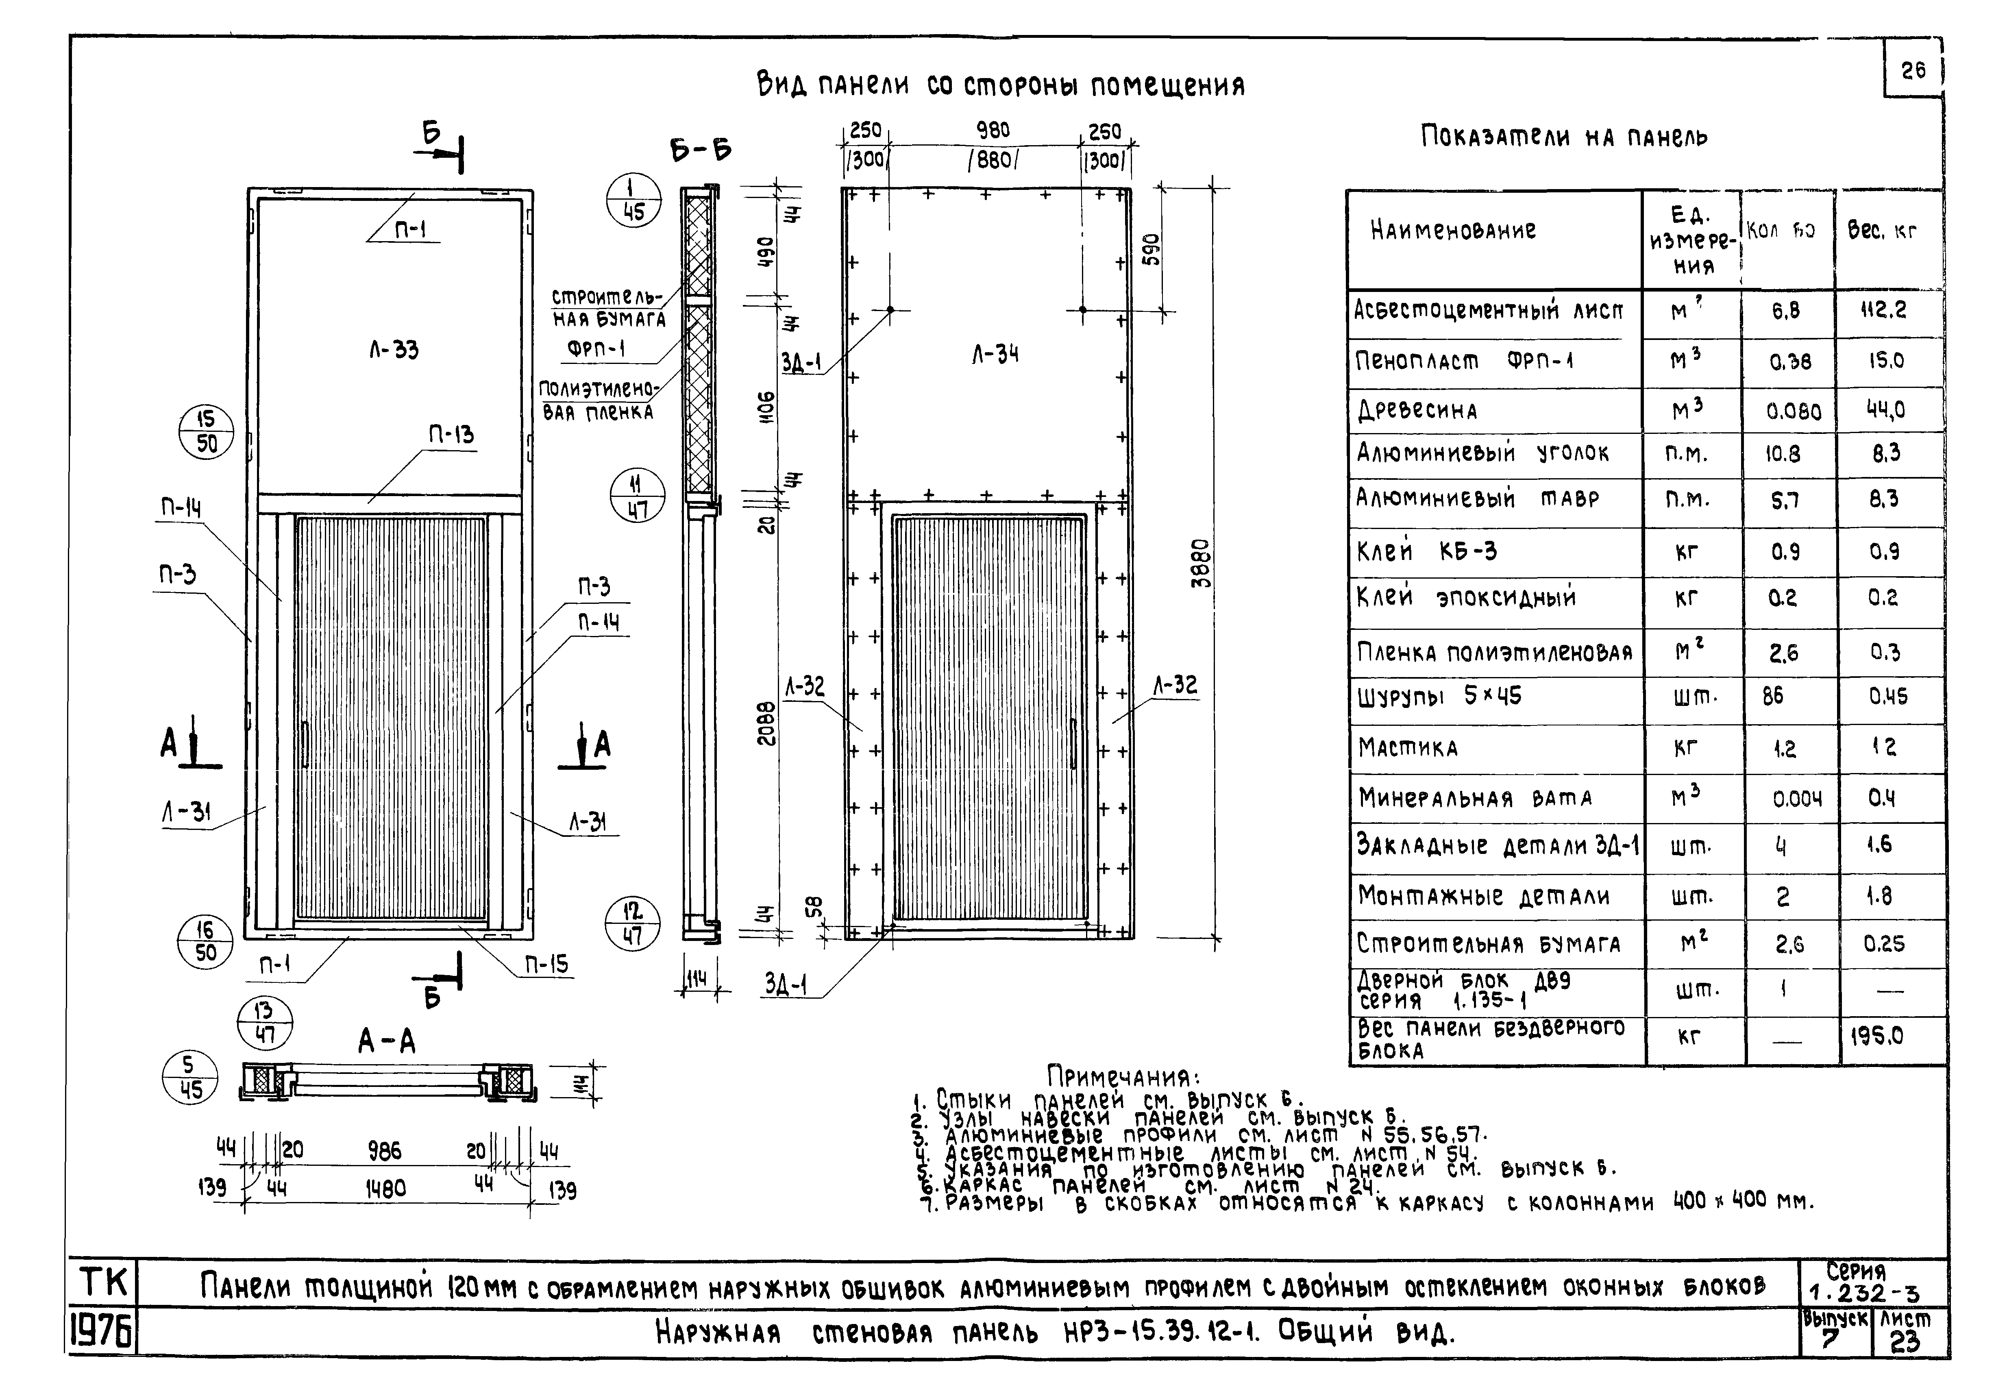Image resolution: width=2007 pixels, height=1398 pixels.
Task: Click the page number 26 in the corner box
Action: [1913, 70]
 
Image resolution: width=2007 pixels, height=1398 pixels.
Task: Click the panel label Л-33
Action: [393, 350]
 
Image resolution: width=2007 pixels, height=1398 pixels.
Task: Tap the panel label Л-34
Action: [995, 354]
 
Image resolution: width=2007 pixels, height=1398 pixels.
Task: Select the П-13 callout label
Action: [451, 435]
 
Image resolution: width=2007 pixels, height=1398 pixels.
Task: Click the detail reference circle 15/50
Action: [206, 432]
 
